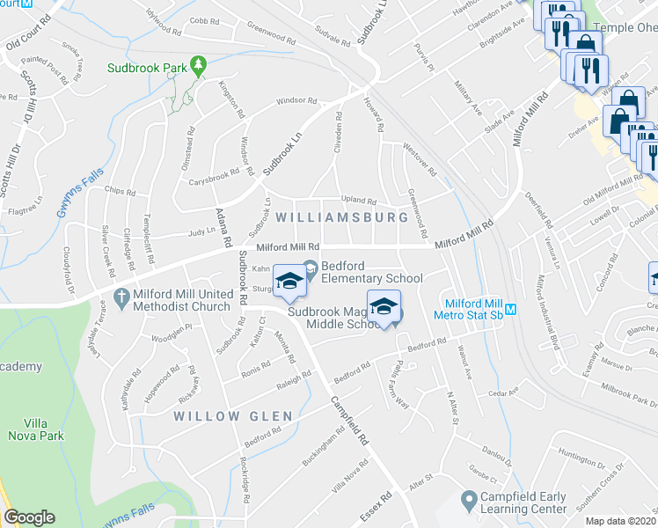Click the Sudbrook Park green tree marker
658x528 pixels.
click(x=200, y=65)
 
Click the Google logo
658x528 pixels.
click(x=29, y=517)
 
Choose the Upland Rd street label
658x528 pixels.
click(x=358, y=201)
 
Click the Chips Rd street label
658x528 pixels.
click(x=118, y=189)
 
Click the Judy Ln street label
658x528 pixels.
click(x=201, y=233)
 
